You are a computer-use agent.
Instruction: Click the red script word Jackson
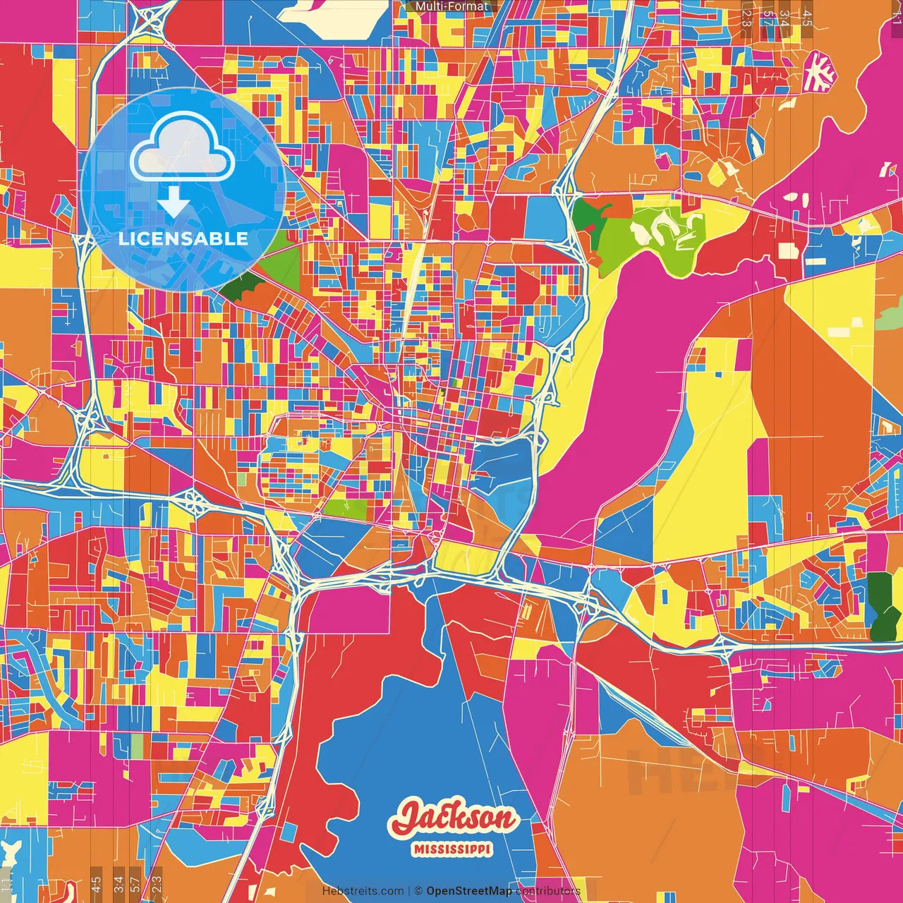(x=454, y=819)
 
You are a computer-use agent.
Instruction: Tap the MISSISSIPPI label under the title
(x=452, y=849)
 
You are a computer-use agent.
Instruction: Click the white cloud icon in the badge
(x=182, y=149)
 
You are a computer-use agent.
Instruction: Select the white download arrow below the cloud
(x=173, y=202)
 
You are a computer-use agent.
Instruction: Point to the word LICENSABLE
(x=183, y=238)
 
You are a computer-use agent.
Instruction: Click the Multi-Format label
(x=451, y=6)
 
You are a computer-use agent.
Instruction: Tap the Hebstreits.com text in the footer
(x=363, y=891)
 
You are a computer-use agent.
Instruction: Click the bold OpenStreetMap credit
(x=469, y=891)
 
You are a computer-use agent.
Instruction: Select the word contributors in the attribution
(x=548, y=891)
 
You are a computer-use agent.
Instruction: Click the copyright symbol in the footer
(x=418, y=891)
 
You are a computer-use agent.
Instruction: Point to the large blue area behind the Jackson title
(x=395, y=748)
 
